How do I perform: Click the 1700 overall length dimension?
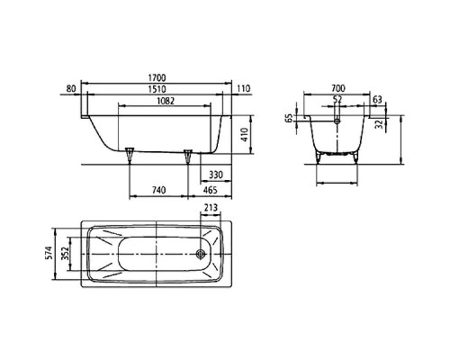[157, 78]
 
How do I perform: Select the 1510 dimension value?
[157, 89]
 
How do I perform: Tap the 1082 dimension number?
[166, 101]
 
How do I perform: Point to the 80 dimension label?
[70, 89]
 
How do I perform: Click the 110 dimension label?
[243, 89]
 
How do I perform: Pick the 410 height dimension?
[244, 135]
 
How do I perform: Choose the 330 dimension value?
[216, 175]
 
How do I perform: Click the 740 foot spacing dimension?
[158, 190]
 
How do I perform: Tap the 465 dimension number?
[211, 190]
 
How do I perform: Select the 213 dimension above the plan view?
[211, 208]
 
